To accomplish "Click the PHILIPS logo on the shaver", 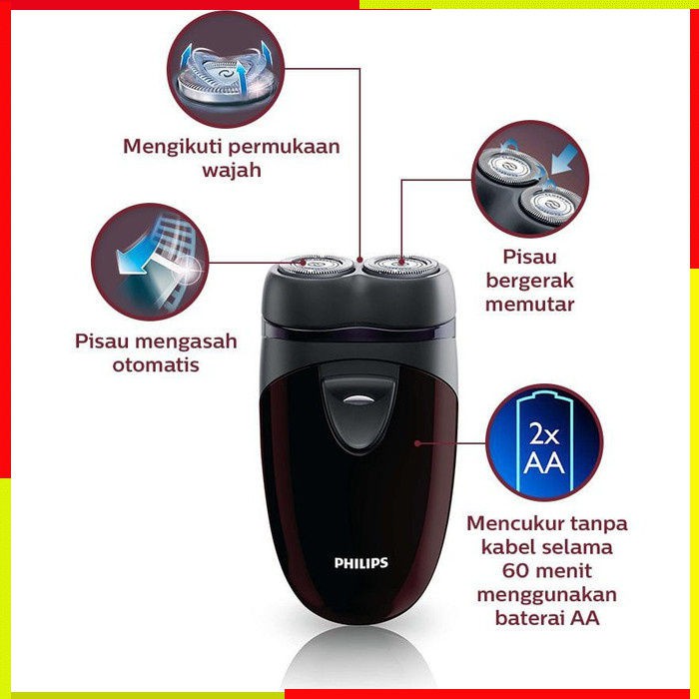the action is click(x=361, y=563).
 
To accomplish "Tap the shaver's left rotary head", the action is click(x=316, y=266).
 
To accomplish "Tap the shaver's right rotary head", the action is click(x=400, y=265).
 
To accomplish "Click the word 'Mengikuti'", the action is click(x=172, y=147).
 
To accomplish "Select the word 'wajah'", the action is click(x=232, y=170).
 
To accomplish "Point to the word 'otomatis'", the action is click(x=156, y=365).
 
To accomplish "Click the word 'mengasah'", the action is click(x=193, y=343).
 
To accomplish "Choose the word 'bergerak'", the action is click(x=529, y=281).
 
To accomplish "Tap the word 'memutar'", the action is click(x=529, y=305).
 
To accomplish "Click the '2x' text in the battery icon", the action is click(x=544, y=433).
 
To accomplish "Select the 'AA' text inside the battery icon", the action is click(x=544, y=462).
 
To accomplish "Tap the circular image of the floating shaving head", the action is click(x=226, y=70).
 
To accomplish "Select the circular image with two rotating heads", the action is click(x=530, y=179).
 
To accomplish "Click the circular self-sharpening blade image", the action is click(x=150, y=262).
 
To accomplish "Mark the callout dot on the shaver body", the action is click(x=417, y=443).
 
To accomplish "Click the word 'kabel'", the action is click(x=506, y=546).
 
